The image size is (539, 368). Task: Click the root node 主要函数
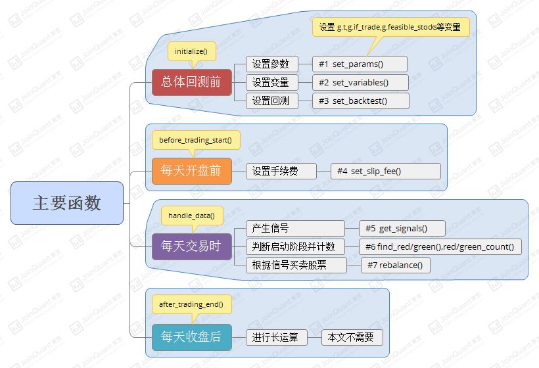[x=67, y=202]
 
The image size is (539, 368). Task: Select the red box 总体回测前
[x=192, y=83]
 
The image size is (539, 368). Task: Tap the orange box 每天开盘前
[x=192, y=172]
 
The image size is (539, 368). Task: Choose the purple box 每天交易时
[x=192, y=246]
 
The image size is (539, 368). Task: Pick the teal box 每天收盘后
[x=192, y=336]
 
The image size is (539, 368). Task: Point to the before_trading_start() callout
[x=195, y=140]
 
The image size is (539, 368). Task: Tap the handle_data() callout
[x=191, y=215]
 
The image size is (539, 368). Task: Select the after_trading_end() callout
[x=191, y=304]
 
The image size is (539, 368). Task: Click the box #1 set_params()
[x=360, y=64]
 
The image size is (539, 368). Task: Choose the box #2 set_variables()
[x=360, y=83]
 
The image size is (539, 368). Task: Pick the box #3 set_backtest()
[x=360, y=101]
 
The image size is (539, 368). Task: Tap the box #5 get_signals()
[x=402, y=228]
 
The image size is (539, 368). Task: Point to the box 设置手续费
[x=281, y=172]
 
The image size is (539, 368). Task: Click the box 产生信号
[x=294, y=228]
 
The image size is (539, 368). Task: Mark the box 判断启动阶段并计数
[x=294, y=246]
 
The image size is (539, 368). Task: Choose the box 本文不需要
[x=352, y=337]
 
